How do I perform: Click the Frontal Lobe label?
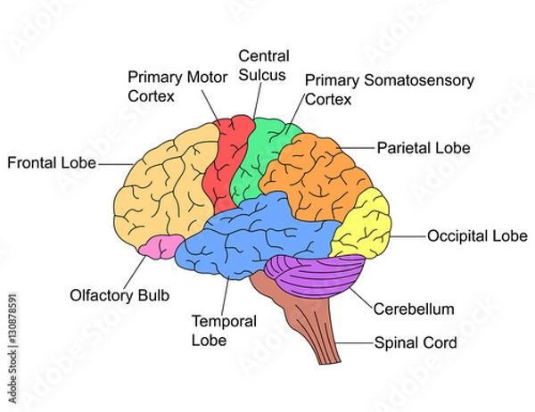click(x=52, y=164)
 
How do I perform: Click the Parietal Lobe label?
click(x=424, y=147)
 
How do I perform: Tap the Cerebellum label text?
click(x=414, y=309)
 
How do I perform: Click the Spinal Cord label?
click(x=416, y=342)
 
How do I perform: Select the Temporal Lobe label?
click(x=224, y=330)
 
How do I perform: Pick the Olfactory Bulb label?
click(x=119, y=294)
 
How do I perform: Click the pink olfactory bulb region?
click(x=160, y=246)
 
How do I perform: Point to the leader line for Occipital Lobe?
click(x=407, y=237)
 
